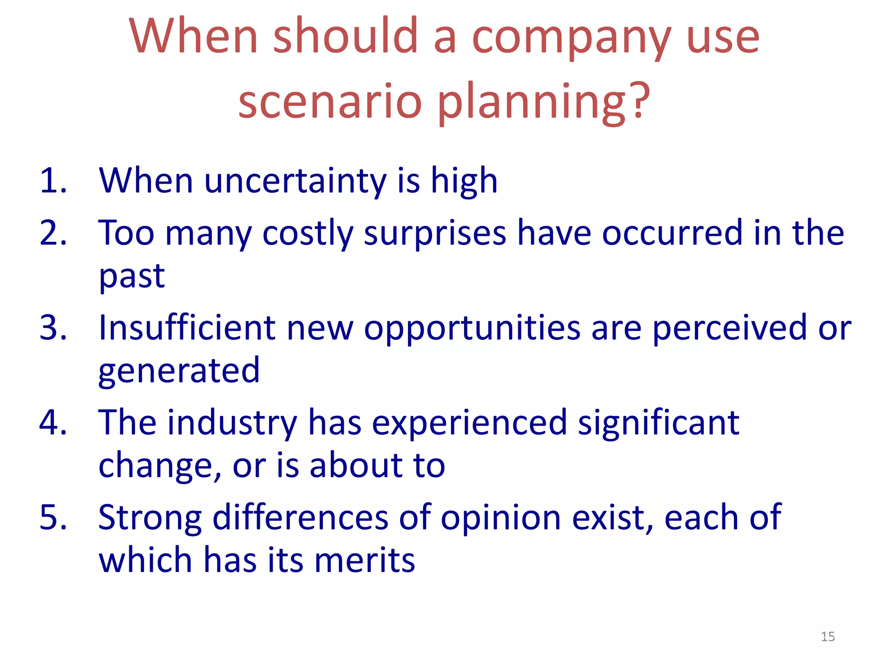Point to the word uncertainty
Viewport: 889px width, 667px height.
click(x=295, y=182)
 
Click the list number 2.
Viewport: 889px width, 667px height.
click(x=52, y=233)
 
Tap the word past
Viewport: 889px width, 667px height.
click(x=132, y=277)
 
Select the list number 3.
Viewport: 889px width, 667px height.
click(x=52, y=327)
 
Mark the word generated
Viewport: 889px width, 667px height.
click(x=179, y=372)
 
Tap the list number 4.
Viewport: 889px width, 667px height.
click(x=52, y=422)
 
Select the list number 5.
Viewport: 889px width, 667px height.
click(x=52, y=517)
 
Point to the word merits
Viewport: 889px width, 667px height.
click(x=365, y=560)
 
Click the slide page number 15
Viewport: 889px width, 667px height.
click(x=828, y=637)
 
